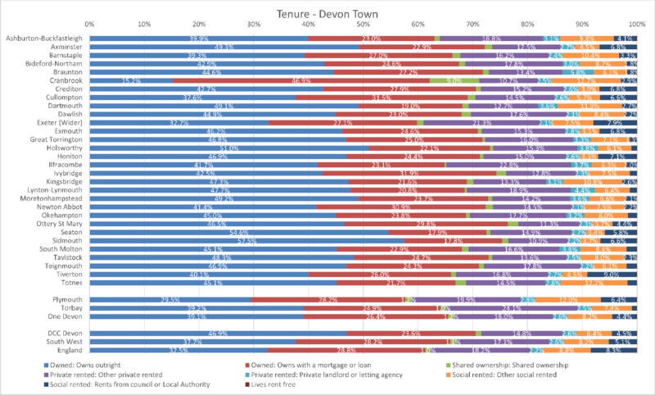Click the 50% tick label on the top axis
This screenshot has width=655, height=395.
click(363, 24)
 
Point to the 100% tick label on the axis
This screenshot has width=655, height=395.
click(635, 24)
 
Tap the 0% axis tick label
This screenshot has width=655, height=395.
click(89, 24)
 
